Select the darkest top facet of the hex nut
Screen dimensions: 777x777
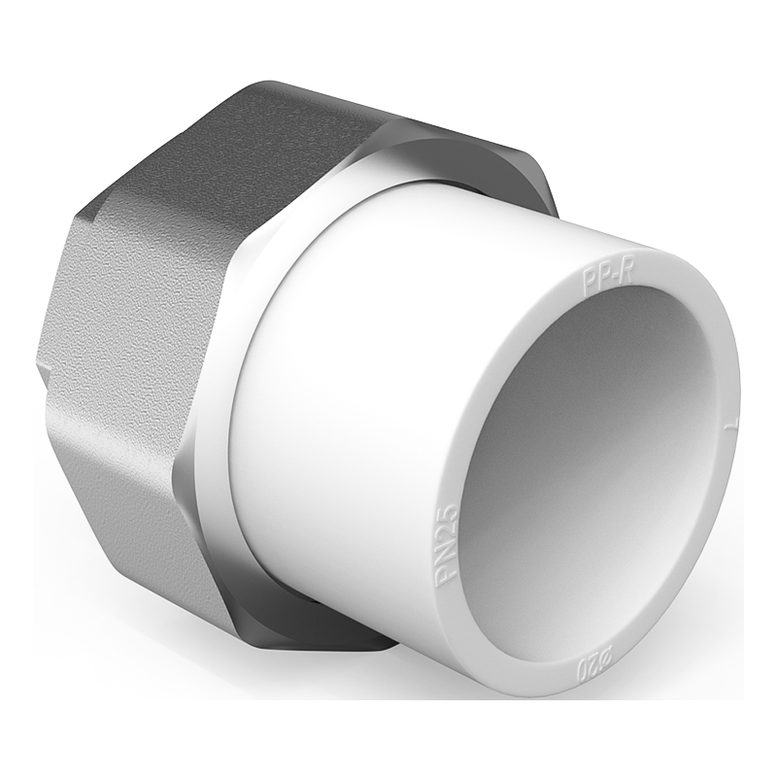tap(243, 146)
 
